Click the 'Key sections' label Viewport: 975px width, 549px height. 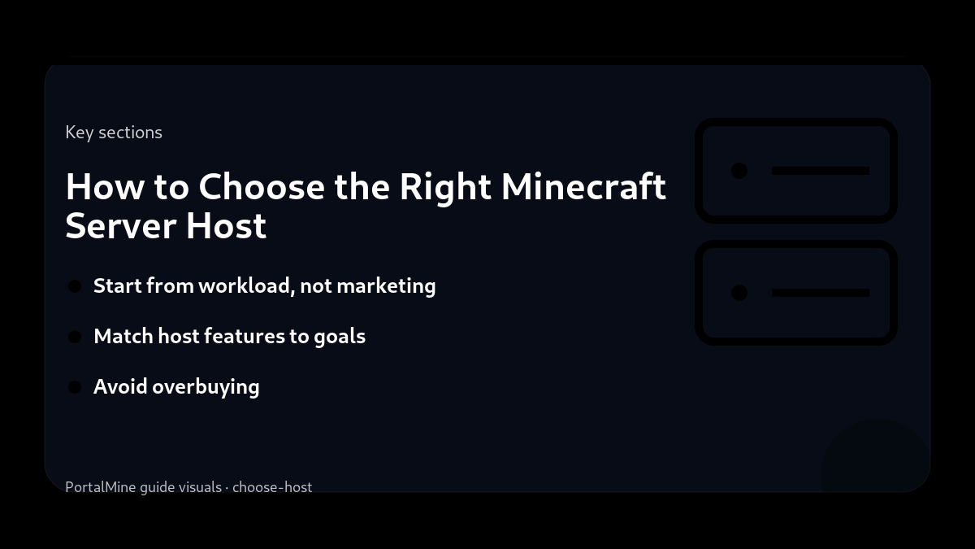click(x=114, y=133)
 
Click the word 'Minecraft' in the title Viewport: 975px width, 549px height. click(x=583, y=187)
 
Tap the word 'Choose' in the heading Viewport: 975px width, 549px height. click(x=261, y=187)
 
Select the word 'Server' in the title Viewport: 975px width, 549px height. click(x=120, y=225)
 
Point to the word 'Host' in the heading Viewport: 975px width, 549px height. click(x=226, y=225)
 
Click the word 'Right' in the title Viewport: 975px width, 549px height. click(x=445, y=187)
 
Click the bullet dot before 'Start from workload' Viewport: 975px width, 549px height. click(x=75, y=286)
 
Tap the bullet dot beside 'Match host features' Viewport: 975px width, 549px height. click(x=75, y=337)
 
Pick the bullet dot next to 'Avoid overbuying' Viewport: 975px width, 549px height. click(x=75, y=387)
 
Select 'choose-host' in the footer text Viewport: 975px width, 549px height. click(x=272, y=487)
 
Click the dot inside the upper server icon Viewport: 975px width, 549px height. click(x=739, y=171)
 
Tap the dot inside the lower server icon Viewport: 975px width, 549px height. click(x=739, y=293)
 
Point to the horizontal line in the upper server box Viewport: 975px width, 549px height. click(x=820, y=171)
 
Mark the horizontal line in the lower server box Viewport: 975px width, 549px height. click(x=820, y=293)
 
